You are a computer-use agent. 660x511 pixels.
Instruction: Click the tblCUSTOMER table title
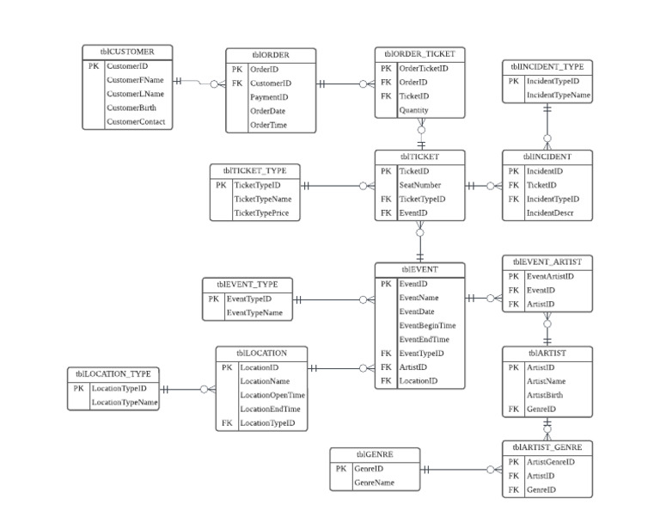click(128, 52)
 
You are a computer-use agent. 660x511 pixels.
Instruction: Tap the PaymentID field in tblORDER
click(268, 97)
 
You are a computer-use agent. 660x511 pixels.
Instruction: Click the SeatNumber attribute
click(420, 185)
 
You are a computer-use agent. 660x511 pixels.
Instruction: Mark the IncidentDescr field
click(549, 212)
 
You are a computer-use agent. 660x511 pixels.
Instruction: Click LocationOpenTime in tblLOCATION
click(272, 395)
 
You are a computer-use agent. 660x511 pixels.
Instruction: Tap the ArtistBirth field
click(546, 395)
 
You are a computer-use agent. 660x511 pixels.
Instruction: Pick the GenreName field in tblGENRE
click(375, 483)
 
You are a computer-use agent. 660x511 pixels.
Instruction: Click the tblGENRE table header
click(375, 454)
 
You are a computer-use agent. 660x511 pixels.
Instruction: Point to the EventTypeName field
click(254, 312)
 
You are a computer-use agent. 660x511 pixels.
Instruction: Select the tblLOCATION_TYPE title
click(113, 373)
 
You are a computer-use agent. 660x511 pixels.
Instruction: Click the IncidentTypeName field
click(558, 95)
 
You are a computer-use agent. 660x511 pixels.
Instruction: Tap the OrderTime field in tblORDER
click(268, 125)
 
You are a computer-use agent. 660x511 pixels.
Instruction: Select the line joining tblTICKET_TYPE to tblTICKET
click(335, 185)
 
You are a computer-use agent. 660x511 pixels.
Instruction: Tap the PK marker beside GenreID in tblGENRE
click(340, 469)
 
